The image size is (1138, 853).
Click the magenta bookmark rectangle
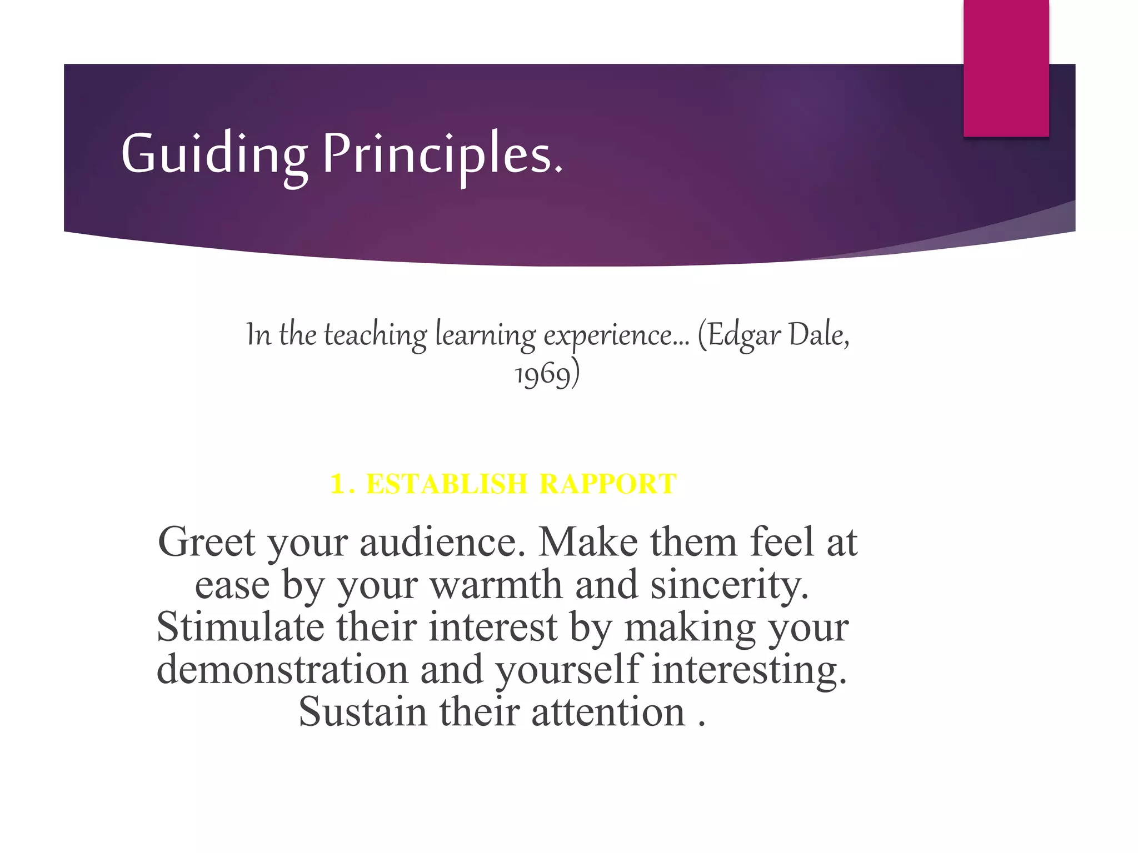tap(1006, 68)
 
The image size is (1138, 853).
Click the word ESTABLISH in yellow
tap(446, 484)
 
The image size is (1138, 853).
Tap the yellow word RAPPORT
tap(608, 484)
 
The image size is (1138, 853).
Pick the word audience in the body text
tap(442, 542)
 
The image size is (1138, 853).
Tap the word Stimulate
tap(240, 627)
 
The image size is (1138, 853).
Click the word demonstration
tap(282, 669)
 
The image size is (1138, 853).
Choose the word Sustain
tap(362, 712)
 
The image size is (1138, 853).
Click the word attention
tap(608, 712)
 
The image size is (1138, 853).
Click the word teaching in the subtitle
tap(375, 335)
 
